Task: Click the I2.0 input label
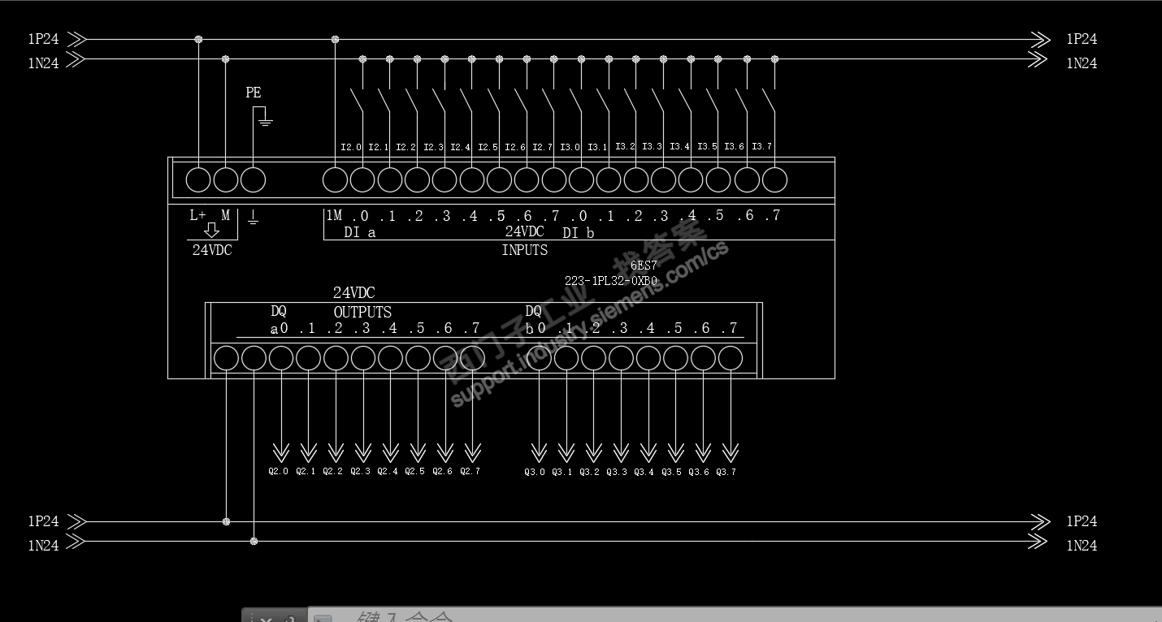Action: coord(350,147)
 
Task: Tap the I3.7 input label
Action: coord(761,146)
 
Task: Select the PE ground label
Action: coord(254,93)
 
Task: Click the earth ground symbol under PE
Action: coord(264,120)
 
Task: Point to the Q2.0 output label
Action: coord(278,471)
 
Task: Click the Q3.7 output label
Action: coord(726,472)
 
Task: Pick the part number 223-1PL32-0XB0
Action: coord(611,281)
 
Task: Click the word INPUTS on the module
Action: coord(524,250)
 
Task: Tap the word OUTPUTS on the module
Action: coord(362,312)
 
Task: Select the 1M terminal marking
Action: coord(334,215)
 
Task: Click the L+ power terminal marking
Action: coord(197,215)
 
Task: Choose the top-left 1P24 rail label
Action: coord(43,39)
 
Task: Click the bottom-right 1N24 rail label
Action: coord(1082,546)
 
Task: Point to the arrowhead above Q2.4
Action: coord(390,451)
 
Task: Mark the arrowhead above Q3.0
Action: coord(538,451)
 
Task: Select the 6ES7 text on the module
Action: coord(643,266)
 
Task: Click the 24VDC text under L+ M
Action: coord(212,250)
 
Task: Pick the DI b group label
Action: coord(579,233)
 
